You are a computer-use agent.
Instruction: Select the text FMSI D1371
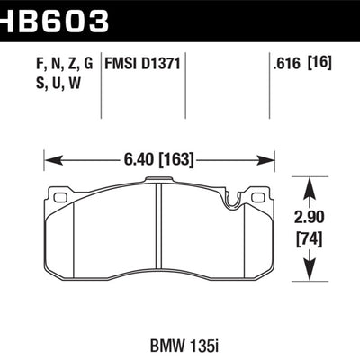(145, 64)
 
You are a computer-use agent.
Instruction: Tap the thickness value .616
(285, 64)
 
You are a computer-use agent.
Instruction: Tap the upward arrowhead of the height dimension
(311, 185)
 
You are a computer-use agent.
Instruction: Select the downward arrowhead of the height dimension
(311, 269)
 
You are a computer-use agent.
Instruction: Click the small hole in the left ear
(60, 197)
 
